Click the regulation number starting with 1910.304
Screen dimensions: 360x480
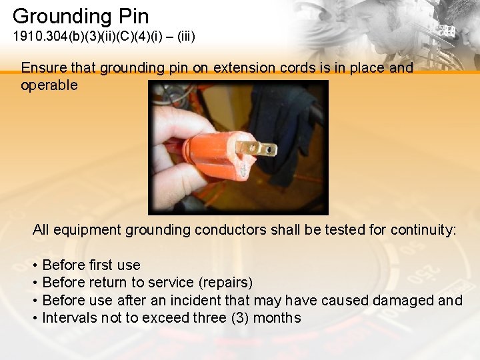[104, 36]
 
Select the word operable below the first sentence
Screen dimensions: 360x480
[49, 85]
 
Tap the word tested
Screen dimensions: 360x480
[346, 231]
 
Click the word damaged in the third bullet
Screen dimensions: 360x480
[403, 301]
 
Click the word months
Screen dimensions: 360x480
[276, 318]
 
